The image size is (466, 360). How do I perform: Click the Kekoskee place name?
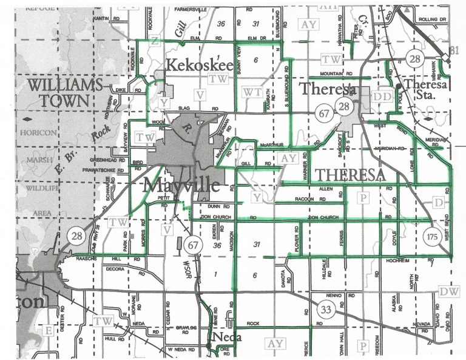tap(194, 65)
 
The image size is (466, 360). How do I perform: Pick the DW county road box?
tap(449, 292)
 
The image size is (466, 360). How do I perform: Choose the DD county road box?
tap(382, 97)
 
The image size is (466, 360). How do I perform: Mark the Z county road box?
tap(155, 41)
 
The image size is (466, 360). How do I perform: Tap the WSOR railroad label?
tap(186, 268)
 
